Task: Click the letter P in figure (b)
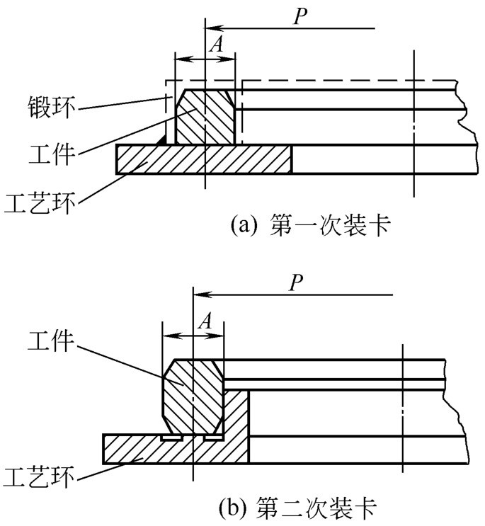[298, 283]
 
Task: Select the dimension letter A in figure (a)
[218, 45]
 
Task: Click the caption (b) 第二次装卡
[297, 507]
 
